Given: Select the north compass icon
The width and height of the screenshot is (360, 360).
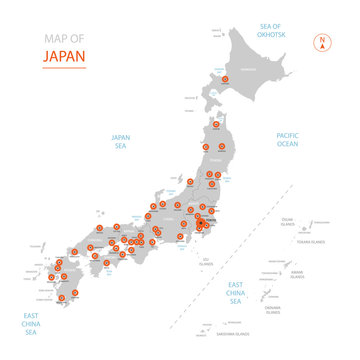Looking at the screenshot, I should [x=322, y=42].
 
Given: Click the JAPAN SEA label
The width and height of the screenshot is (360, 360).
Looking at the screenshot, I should [x=121, y=143].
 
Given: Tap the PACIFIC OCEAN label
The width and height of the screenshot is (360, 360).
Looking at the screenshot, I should [x=287, y=140].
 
